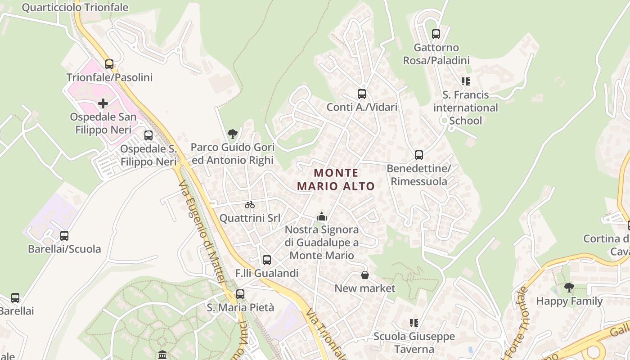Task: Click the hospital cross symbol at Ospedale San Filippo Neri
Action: coord(103,103)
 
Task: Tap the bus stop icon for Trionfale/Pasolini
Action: coord(109,64)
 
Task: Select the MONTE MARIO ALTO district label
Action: coord(336,180)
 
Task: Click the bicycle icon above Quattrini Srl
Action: coord(250,205)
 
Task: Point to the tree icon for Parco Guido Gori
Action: coord(233,134)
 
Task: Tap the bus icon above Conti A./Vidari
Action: coord(362,94)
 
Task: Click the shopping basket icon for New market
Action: coord(365,274)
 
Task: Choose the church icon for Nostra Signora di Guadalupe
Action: coord(321,216)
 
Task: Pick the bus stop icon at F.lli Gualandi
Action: coord(267,260)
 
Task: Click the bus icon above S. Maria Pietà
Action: coord(240,294)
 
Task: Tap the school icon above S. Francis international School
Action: coord(465,81)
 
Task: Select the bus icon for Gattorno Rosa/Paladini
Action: coord(436,34)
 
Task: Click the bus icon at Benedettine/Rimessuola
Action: coord(419,155)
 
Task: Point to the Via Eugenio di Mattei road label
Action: coord(201,232)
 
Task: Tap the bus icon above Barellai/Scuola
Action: coord(64,235)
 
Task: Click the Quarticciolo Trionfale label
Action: coord(75,8)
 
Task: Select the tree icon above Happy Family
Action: coord(569,287)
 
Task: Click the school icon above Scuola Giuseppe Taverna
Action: coord(414,323)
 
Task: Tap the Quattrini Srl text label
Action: coord(250,218)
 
